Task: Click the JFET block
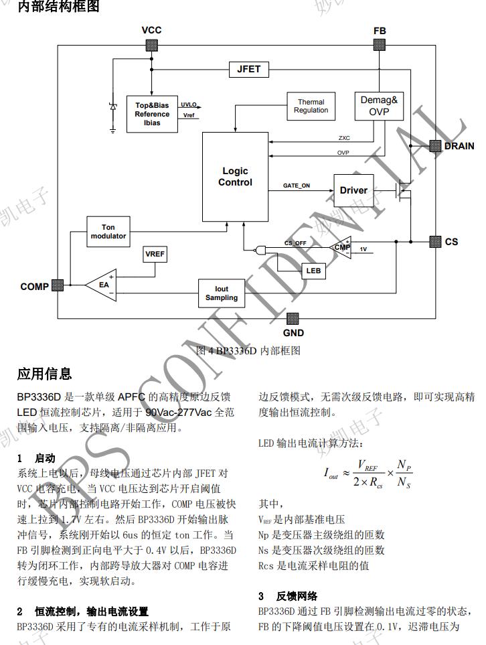click(249, 69)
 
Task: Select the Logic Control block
click(235, 177)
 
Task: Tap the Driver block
click(353, 190)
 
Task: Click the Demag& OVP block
click(379, 106)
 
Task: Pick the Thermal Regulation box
click(311, 106)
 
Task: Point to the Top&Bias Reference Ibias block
click(152, 114)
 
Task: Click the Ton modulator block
click(108, 232)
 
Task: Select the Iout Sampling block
click(221, 294)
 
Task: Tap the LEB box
click(312, 271)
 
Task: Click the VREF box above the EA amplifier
click(155, 255)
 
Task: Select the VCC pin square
click(151, 45)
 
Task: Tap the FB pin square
click(379, 45)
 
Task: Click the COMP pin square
click(58, 285)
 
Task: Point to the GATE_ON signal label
click(297, 186)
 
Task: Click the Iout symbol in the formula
click(331, 474)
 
